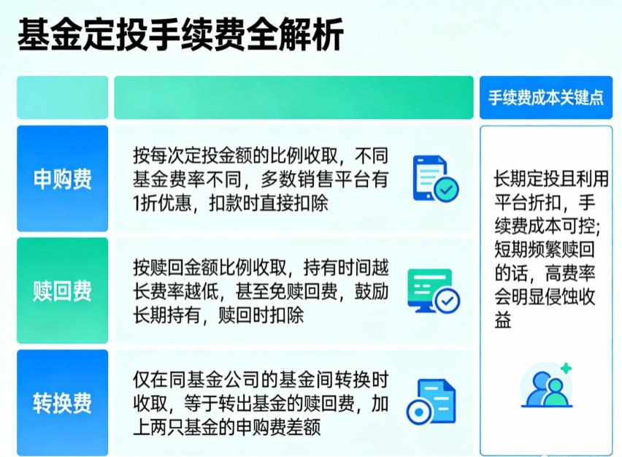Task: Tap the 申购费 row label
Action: coord(63,179)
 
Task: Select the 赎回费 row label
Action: coord(63,291)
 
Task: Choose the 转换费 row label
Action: coord(63,402)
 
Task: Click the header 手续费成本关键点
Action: coord(546,97)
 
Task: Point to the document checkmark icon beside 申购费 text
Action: coord(435,178)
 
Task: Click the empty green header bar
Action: coord(293,97)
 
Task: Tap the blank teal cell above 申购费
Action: coord(63,97)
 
